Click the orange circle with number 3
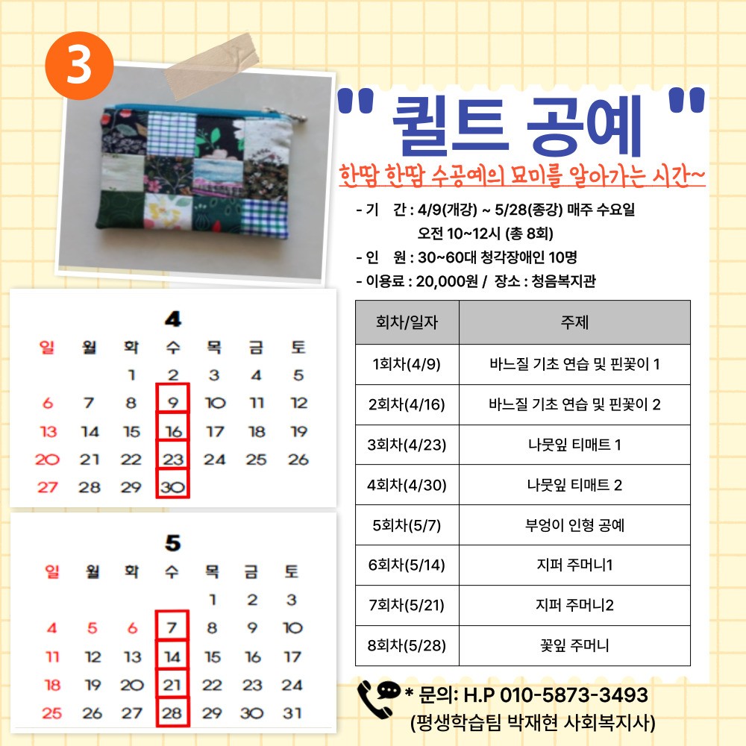click(x=78, y=66)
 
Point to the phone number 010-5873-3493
click(x=573, y=695)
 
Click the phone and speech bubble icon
click(x=379, y=697)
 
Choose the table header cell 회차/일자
click(x=407, y=322)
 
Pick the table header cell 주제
click(x=574, y=322)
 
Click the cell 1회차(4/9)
click(x=407, y=365)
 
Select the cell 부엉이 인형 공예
click(x=574, y=525)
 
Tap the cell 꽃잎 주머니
click(x=574, y=645)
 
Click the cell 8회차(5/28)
click(x=407, y=645)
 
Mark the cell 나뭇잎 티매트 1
click(x=574, y=445)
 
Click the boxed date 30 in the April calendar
click(x=173, y=487)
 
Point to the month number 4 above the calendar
click(x=172, y=319)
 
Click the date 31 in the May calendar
click(x=292, y=713)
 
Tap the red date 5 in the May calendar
click(x=93, y=628)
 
